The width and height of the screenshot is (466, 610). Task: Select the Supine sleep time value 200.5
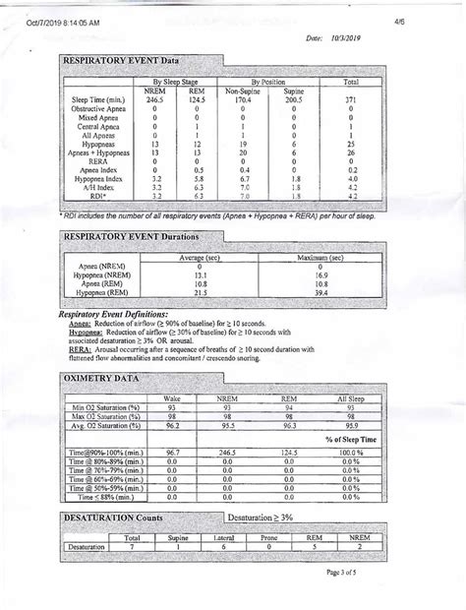pos(294,99)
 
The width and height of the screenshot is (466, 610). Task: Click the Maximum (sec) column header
pos(322,257)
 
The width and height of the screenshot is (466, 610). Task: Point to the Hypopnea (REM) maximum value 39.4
pos(322,292)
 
